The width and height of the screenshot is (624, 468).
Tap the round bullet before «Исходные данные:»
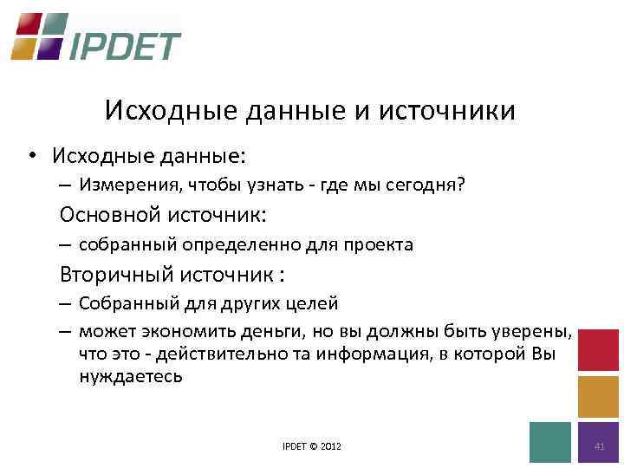point(30,156)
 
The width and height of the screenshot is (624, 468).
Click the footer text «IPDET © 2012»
point(312,445)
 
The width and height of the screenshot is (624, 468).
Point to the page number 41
point(599,445)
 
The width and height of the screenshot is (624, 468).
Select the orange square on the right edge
point(598,397)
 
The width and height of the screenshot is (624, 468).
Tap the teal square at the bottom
point(550,442)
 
